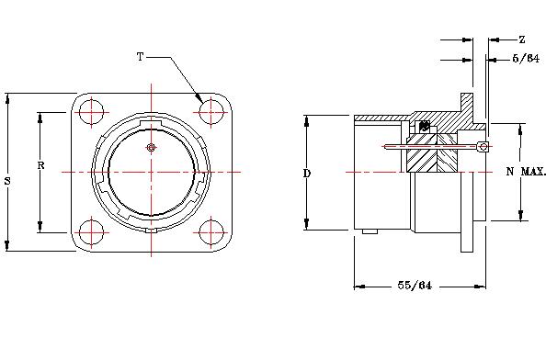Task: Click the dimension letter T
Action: (x=140, y=56)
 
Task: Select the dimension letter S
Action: (x=7, y=181)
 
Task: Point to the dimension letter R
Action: (x=40, y=165)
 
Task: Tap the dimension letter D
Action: (x=307, y=173)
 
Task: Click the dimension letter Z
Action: (x=521, y=39)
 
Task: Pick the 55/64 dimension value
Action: (x=415, y=286)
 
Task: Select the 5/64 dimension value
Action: (x=526, y=59)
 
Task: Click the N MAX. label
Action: (x=526, y=171)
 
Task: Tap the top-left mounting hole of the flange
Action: (x=91, y=112)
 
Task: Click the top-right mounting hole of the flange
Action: (x=211, y=112)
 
